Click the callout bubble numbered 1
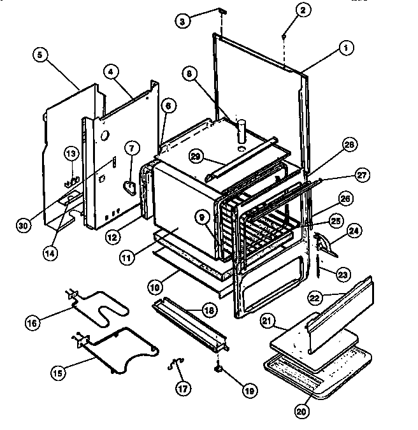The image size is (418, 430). tap(346, 47)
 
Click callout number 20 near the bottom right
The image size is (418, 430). tap(301, 411)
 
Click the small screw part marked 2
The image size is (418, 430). tap(282, 38)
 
